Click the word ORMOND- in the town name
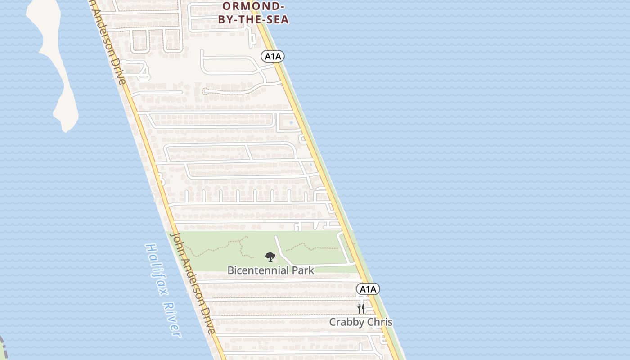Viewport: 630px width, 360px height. coord(253,6)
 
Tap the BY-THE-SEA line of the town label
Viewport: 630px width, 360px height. coord(253,20)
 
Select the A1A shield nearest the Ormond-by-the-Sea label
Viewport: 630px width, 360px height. coord(273,56)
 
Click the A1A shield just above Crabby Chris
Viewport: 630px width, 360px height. coord(368,289)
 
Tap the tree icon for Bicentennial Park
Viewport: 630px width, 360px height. coord(270,257)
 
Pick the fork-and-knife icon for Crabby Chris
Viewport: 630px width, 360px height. coord(360,308)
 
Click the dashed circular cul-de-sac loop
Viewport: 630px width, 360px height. coord(205,91)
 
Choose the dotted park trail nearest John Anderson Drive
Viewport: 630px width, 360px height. coord(216,246)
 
